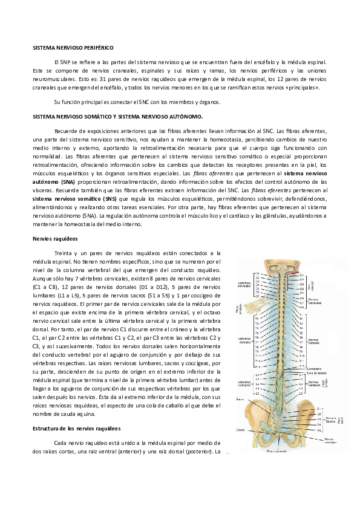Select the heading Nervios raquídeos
[55, 239]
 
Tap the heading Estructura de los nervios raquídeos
[77, 428]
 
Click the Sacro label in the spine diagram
[240, 400]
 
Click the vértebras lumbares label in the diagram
[244, 383]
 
